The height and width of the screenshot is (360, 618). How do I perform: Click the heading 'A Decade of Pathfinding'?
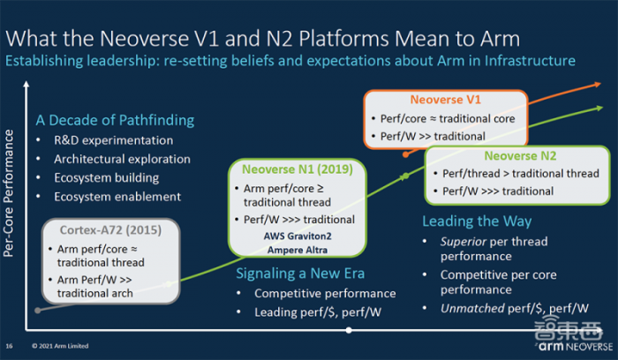pos(115,120)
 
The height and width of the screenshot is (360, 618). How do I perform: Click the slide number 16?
pos(9,346)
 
